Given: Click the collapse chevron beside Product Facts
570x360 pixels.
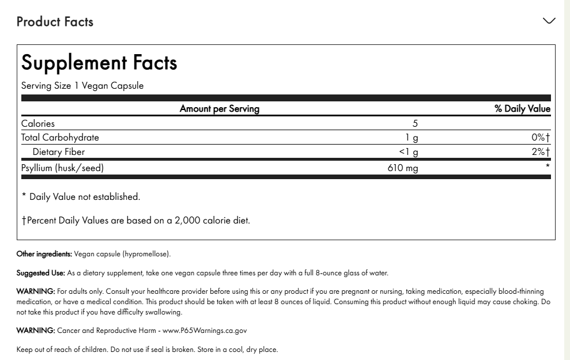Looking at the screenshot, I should tap(549, 21).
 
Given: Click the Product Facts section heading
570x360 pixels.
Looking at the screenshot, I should tap(55, 22).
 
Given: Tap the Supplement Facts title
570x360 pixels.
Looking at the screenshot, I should tap(99, 62).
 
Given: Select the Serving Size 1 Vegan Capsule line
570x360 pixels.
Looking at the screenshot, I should tap(82, 86).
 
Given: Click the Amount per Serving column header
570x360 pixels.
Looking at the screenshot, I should tap(220, 108).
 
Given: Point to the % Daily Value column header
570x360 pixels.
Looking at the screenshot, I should tap(522, 108).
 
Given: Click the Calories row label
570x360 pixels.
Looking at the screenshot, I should tap(38, 123).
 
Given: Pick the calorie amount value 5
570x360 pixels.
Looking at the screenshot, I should tap(415, 123).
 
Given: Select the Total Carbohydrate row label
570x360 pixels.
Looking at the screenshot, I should tap(60, 138).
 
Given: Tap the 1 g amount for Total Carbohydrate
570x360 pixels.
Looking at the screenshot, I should tap(412, 138).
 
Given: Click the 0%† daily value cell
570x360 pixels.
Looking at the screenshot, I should tap(541, 138).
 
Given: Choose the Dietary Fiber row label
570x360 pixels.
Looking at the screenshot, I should tap(59, 152).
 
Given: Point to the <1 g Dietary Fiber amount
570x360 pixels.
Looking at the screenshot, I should tap(409, 152).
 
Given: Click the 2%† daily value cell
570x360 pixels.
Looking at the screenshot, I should tap(541, 152).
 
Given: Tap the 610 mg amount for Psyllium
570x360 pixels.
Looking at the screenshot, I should tap(403, 168).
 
